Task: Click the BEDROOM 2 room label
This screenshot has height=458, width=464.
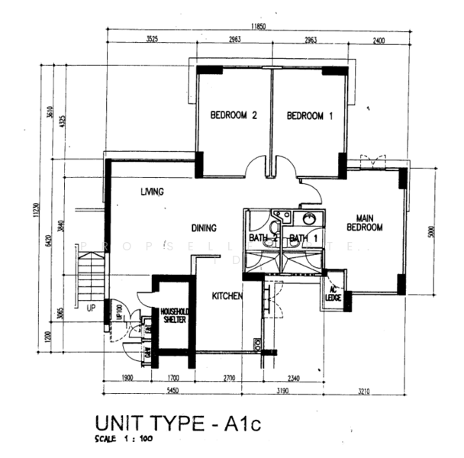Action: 234,116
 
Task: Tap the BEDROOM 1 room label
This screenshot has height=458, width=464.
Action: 310,116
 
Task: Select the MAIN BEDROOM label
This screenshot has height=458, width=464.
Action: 363,221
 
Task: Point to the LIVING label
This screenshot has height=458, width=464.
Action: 152,193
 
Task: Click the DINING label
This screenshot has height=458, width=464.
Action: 204,227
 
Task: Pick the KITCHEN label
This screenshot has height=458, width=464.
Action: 227,295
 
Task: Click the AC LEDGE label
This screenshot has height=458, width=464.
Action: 333,292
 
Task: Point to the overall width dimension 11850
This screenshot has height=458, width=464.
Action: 260,27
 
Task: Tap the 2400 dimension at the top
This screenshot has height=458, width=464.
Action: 379,40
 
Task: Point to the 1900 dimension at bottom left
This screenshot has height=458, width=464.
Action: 127,377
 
